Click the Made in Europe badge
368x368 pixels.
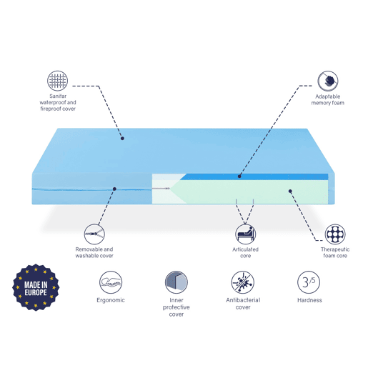click(36, 287)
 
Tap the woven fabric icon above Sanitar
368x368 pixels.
click(57, 81)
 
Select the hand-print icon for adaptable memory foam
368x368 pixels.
click(328, 81)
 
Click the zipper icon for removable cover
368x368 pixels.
click(94, 234)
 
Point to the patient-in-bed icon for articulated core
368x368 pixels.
click(246, 234)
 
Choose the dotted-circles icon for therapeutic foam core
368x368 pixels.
click(335, 234)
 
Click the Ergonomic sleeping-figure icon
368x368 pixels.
click(111, 282)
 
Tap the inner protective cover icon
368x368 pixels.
click(176, 282)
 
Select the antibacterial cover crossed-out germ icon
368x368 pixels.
click(243, 282)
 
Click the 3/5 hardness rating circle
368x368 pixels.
click(309, 282)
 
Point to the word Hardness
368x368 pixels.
click(309, 300)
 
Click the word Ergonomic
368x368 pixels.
click(111, 300)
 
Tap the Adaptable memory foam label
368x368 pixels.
click(328, 100)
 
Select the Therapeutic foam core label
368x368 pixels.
click(335, 252)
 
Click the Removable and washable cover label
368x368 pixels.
click(94, 252)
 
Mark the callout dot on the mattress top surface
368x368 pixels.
click(122, 139)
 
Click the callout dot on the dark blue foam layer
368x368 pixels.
click(239, 176)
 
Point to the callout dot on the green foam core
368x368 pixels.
click(290, 191)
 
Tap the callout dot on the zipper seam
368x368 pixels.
click(114, 189)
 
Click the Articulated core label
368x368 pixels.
click(246, 252)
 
